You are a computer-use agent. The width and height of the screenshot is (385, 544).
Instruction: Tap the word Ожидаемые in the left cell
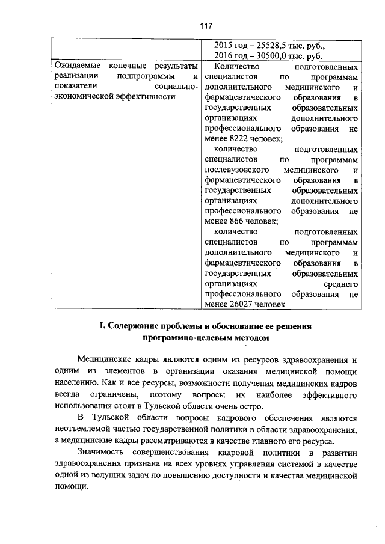[x=75, y=66]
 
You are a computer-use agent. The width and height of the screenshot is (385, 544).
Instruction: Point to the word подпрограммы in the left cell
[x=147, y=77]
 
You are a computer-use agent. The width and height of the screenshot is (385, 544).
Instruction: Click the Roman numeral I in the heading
[x=102, y=327]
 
